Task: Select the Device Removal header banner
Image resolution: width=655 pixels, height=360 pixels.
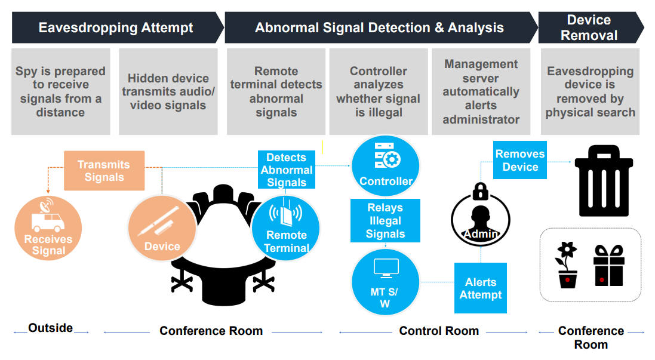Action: (x=591, y=27)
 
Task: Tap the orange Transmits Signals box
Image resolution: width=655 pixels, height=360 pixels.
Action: (x=104, y=170)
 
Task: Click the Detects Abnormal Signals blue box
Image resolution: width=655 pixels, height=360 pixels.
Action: (x=287, y=170)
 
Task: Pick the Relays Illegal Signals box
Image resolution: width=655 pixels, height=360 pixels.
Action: (x=385, y=220)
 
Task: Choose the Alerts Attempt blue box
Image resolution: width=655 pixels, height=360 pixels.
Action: (x=481, y=288)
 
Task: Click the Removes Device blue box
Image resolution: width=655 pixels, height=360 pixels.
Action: (x=520, y=161)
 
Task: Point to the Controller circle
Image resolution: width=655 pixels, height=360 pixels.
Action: (x=386, y=165)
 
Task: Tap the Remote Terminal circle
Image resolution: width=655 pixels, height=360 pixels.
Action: (x=286, y=228)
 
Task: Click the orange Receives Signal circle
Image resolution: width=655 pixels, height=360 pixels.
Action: (x=48, y=228)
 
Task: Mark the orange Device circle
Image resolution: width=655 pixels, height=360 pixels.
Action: (x=162, y=228)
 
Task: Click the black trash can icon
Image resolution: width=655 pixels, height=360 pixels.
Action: (x=604, y=180)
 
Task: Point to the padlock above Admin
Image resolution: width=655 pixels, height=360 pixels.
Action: (x=481, y=191)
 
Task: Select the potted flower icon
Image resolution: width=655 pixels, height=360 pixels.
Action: (x=567, y=265)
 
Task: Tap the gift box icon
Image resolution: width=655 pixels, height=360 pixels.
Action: (x=608, y=266)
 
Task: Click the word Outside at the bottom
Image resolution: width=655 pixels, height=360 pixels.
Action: (x=51, y=328)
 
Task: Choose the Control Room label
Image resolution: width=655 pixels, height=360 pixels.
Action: (x=439, y=331)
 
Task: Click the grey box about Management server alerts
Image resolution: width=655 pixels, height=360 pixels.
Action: (x=481, y=91)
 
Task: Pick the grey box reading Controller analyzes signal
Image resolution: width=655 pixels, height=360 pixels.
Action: (x=379, y=91)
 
